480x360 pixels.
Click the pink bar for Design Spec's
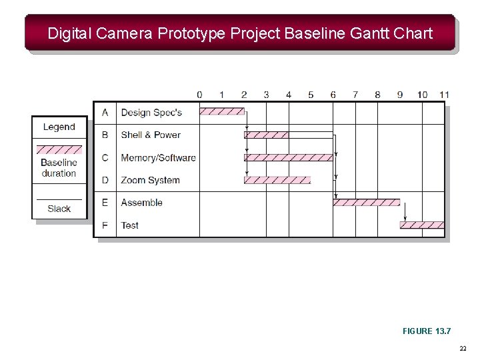[222, 112]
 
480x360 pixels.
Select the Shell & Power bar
[266, 135]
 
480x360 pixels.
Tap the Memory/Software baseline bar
[288, 157]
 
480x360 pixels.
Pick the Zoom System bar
[277, 180]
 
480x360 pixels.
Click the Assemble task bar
[366, 203]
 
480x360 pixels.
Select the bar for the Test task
[422, 225]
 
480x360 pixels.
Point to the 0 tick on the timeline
[200, 95]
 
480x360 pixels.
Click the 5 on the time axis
[311, 95]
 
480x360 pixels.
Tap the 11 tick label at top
[444, 95]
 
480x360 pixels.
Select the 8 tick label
[377, 95]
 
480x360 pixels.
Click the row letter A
[105, 113]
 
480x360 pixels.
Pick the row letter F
[105, 225]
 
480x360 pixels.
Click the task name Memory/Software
[158, 158]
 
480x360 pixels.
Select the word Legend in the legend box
[59, 127]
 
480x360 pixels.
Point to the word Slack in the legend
[59, 209]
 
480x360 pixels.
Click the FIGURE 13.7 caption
[427, 331]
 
